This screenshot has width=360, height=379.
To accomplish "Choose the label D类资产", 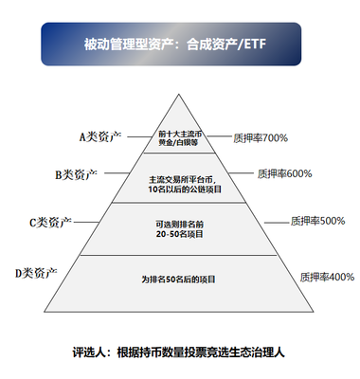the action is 39,274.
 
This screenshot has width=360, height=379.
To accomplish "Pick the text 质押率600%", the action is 285,174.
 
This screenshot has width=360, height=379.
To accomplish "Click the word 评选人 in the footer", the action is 90,352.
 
